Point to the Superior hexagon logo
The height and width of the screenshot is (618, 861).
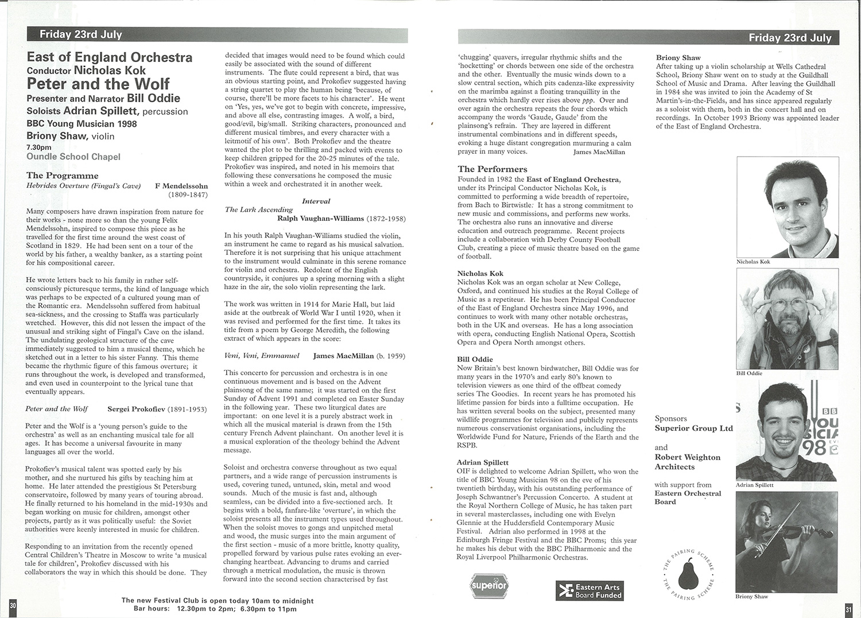point(489,586)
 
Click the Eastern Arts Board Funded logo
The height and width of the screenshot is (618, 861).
point(589,591)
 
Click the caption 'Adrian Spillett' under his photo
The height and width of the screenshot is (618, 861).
point(754,485)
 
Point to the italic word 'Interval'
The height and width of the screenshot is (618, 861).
point(316,201)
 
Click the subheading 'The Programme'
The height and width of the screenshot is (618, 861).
point(62,176)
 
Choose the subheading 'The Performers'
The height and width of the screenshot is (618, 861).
point(492,169)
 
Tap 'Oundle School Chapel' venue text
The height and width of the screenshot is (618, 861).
point(73,157)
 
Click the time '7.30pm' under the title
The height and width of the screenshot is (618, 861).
point(38,147)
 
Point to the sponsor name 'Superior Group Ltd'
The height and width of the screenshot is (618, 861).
point(693,429)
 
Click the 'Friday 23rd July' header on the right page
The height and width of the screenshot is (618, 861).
point(790,38)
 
